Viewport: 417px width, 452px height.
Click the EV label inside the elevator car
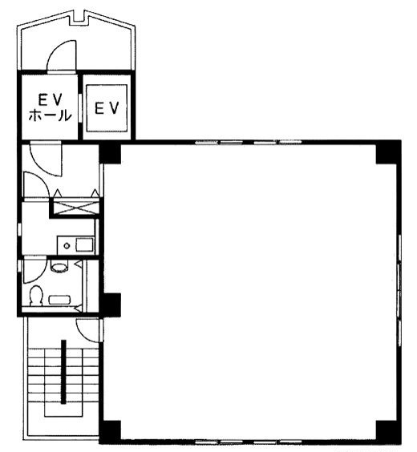(107, 108)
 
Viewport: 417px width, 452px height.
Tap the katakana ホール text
(50, 115)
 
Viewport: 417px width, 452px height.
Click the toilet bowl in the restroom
(36, 295)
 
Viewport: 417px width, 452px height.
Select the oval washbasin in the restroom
(59, 266)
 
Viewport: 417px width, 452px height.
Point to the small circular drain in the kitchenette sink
(67, 245)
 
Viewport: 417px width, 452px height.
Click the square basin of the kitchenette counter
(84, 244)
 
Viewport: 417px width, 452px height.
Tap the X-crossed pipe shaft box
(76, 208)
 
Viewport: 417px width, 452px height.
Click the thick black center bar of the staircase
(63, 372)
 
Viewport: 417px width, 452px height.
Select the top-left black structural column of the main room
(110, 154)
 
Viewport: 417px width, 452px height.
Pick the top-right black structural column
(387, 154)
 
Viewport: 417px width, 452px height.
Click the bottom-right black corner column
(387, 430)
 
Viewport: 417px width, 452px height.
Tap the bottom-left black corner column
(110, 430)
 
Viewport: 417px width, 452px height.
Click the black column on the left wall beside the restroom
(110, 304)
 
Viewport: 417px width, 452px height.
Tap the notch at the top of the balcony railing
(78, 18)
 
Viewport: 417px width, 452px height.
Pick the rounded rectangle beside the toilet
(59, 300)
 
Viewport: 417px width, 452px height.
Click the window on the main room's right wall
(399, 291)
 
